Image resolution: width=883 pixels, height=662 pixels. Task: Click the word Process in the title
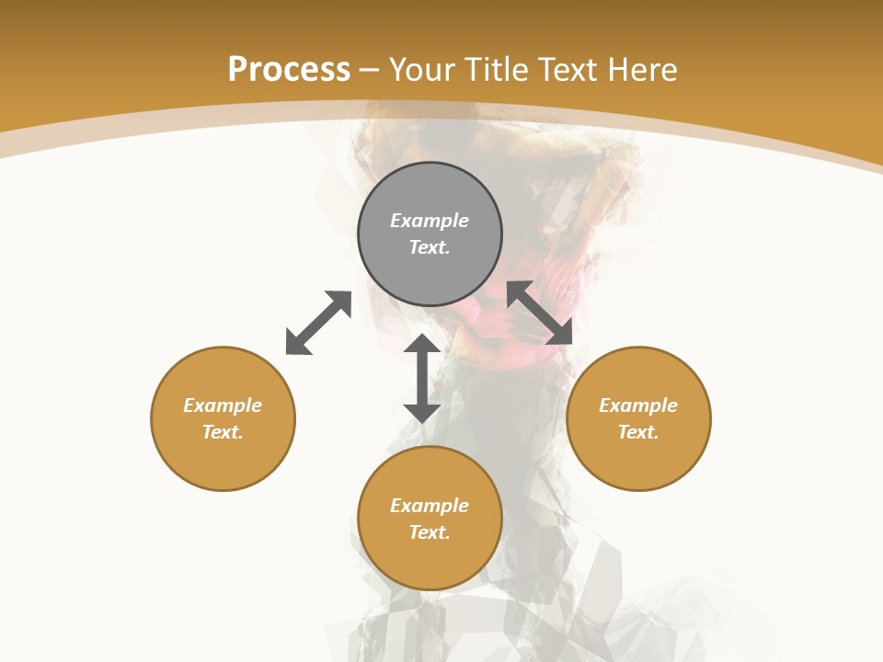click(289, 70)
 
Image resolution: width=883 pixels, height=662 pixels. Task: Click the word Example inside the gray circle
click(430, 221)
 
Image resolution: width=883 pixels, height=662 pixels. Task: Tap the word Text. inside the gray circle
click(430, 247)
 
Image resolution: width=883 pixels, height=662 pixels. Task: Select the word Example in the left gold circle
click(223, 405)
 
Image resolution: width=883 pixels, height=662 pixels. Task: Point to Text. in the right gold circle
click(638, 432)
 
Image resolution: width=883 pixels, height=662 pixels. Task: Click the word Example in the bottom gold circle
click(430, 506)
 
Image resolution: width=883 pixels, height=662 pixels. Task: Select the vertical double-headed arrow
click(422, 378)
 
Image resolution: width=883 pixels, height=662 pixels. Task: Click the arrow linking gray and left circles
click(318, 323)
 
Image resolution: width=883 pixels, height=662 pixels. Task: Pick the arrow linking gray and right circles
click(540, 313)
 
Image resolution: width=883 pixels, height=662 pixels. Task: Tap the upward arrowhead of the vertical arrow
click(422, 344)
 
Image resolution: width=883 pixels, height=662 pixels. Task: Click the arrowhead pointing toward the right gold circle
click(560, 333)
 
